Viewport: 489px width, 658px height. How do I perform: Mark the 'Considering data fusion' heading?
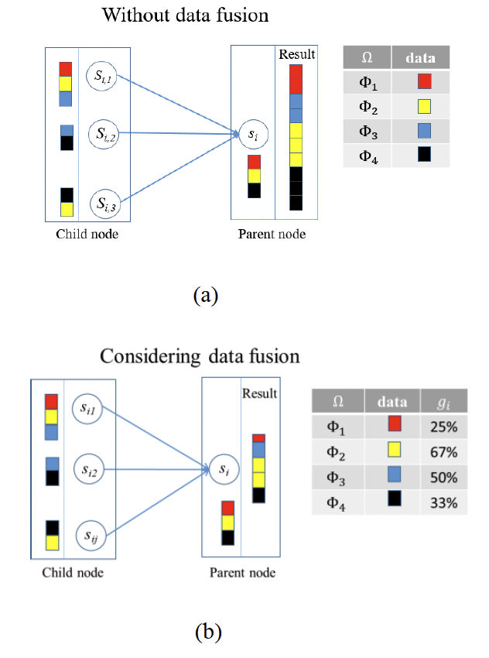(200, 357)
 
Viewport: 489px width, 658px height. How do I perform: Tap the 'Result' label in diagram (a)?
(297, 54)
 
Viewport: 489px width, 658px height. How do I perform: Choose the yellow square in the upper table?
(423, 106)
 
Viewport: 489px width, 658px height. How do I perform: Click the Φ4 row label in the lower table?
(337, 504)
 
